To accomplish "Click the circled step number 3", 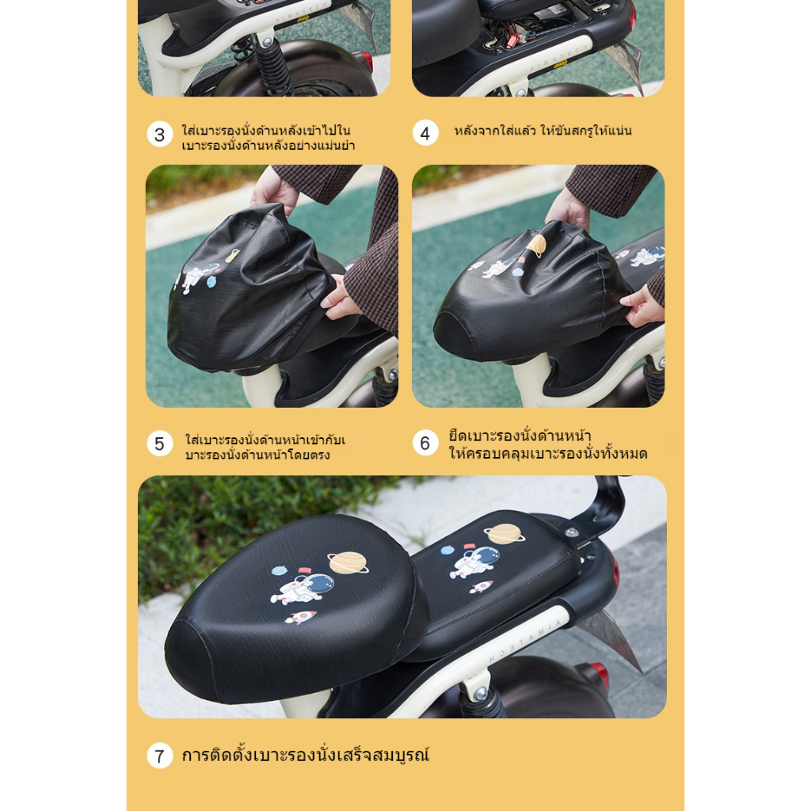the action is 160,135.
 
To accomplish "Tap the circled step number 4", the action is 425,133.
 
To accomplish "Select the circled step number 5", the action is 160,444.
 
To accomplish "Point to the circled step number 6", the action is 425,444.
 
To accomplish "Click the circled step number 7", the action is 160,756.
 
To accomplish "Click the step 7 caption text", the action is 306,755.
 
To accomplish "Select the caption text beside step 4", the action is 543,131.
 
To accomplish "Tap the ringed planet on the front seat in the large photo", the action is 348,563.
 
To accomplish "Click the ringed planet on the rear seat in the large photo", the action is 504,534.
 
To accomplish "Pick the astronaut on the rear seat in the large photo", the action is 476,562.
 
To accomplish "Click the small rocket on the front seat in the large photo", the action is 300,616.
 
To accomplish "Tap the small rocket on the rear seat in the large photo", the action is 481,587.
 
